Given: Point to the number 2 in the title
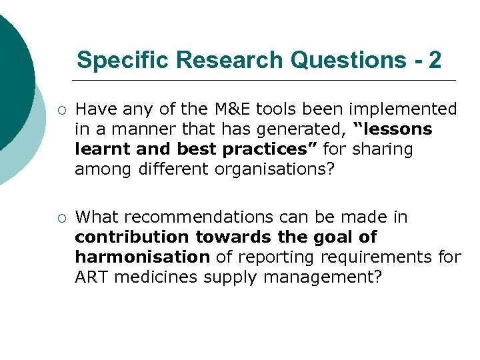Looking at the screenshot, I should click(x=435, y=60).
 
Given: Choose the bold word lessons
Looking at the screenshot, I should click(x=395, y=129).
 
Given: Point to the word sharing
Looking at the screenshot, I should click(x=383, y=149).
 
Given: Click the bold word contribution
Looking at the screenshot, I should click(x=133, y=237).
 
